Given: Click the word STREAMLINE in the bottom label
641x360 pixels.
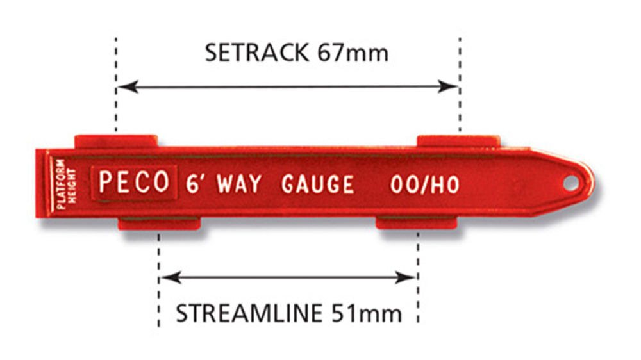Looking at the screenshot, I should (x=249, y=313).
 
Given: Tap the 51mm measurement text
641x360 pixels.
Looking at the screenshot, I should (x=367, y=313).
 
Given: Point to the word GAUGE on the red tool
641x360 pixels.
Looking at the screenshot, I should (x=318, y=184).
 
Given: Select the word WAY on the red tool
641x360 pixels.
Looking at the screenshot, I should (x=239, y=184).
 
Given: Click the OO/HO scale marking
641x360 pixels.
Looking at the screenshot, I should (x=425, y=185).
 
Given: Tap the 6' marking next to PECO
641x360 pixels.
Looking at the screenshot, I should (x=194, y=184).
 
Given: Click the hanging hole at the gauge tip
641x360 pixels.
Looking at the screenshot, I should (x=570, y=183).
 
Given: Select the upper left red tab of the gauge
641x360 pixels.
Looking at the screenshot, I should (x=116, y=141).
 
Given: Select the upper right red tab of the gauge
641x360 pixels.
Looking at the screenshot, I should (x=458, y=142).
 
